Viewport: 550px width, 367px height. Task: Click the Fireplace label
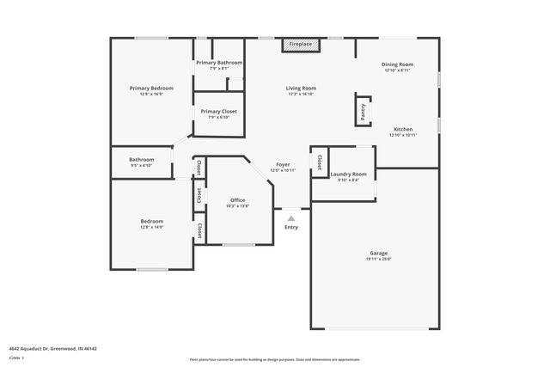pos(301,43)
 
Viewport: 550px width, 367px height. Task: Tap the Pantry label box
pos(363,109)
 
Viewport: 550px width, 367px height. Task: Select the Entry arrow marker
pos(291,217)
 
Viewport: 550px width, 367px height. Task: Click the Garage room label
pos(378,253)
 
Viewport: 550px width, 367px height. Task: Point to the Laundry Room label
pos(348,174)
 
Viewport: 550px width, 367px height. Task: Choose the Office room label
pos(237,200)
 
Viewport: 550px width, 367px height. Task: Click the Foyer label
pos(283,164)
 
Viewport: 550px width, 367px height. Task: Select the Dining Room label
pos(398,64)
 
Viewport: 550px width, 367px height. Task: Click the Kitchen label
pos(402,129)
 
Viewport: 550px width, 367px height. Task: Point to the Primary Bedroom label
pos(151,88)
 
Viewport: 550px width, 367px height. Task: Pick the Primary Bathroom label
pos(218,63)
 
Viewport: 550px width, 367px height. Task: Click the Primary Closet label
pos(218,111)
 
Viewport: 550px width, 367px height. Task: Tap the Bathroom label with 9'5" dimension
pos(142,159)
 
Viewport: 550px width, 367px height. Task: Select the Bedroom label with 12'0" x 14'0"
pos(151,221)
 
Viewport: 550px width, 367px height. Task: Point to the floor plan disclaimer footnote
pos(274,359)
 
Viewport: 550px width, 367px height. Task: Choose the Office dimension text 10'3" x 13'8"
pos(237,206)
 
